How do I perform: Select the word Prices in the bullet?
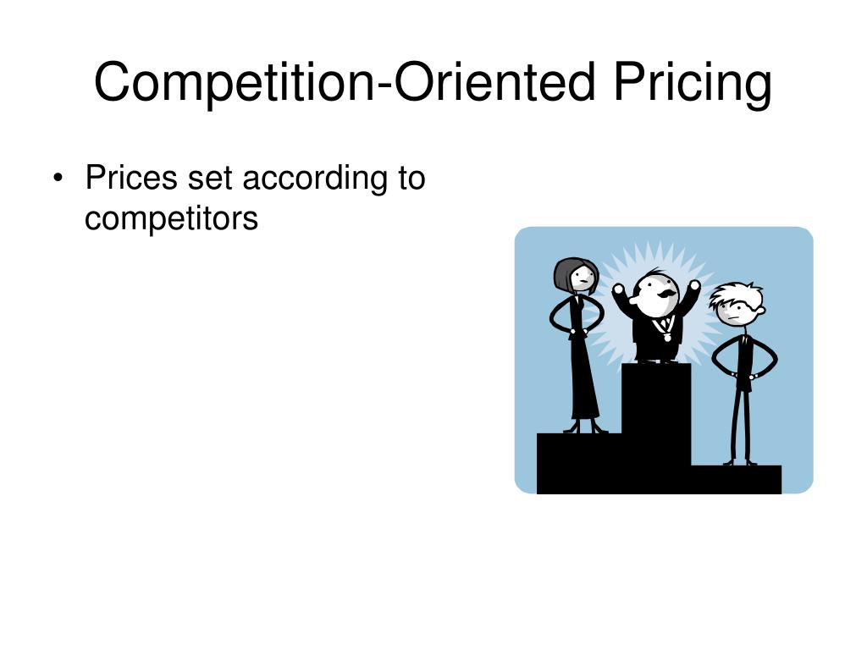(x=132, y=179)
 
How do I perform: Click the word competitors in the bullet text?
(x=171, y=218)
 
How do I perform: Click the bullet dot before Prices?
(x=58, y=179)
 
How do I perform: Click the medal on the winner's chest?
(x=667, y=337)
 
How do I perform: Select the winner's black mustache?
(x=666, y=293)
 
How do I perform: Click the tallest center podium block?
(x=656, y=415)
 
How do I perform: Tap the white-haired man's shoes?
(x=739, y=462)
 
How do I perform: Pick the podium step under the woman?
(x=579, y=462)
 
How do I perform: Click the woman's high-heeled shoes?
(x=585, y=427)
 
